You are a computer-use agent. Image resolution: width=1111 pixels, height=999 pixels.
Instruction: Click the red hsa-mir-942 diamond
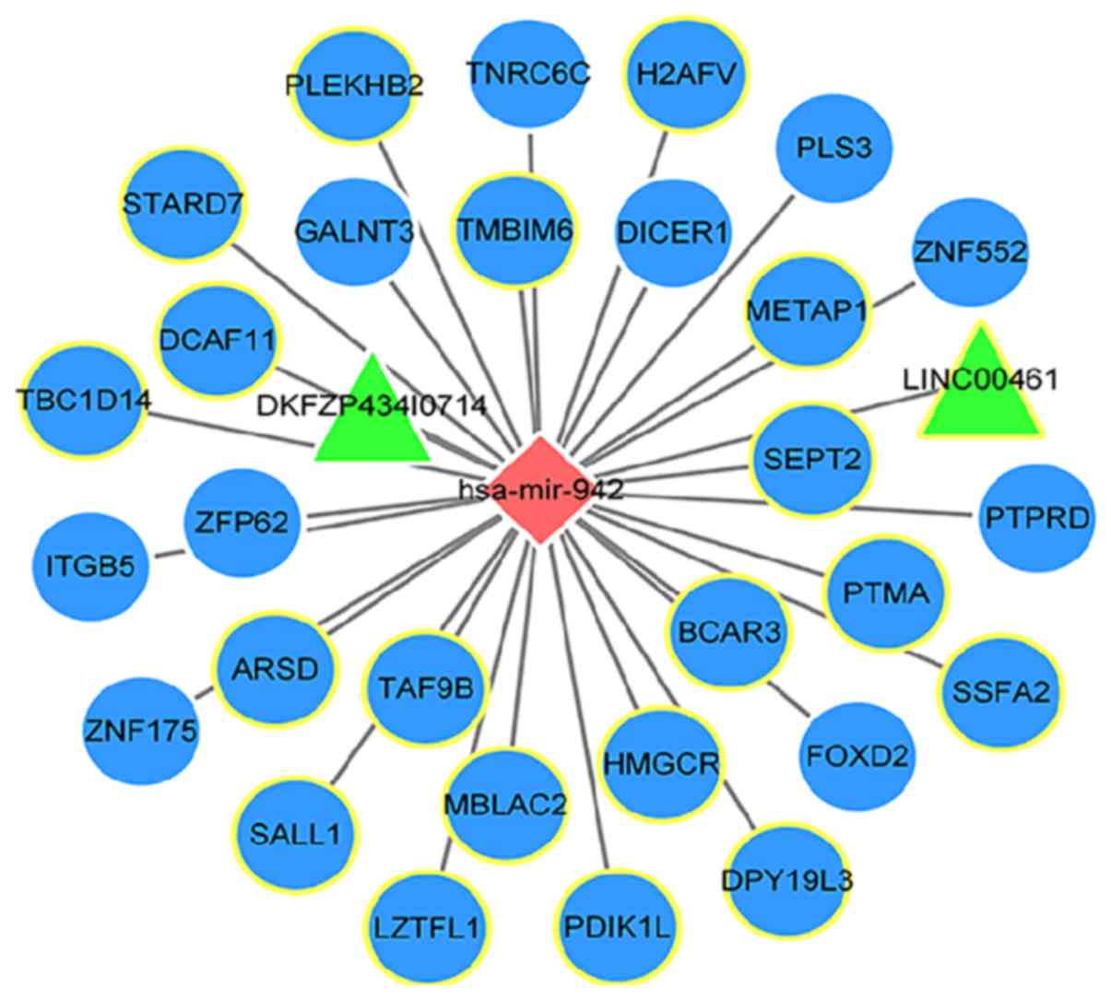pyautogui.click(x=541, y=489)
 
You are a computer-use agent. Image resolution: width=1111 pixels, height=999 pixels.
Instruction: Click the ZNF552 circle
pyautogui.click(x=970, y=251)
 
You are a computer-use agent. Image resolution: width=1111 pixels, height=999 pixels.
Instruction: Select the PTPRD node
pyautogui.click(x=1035, y=517)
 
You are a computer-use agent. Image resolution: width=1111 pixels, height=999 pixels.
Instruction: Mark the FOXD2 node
pyautogui.click(x=857, y=758)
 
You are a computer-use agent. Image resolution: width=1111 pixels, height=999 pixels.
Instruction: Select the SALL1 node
pyautogui.click(x=295, y=835)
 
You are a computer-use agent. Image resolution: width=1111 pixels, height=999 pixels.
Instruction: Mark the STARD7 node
pyautogui.click(x=183, y=203)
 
